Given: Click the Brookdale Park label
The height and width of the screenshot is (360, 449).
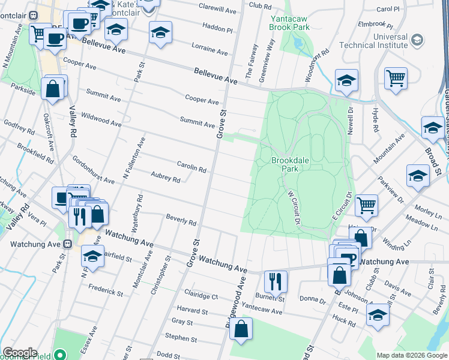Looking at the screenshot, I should pyautogui.click(x=289, y=164).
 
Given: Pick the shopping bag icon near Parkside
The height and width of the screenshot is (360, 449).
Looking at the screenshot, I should pyautogui.click(x=53, y=89).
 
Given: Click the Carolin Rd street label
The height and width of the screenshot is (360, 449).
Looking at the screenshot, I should pyautogui.click(x=191, y=166).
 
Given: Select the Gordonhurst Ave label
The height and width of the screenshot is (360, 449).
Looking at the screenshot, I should pyautogui.click(x=93, y=171).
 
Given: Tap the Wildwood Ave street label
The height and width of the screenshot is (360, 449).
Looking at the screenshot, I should pyautogui.click(x=101, y=118).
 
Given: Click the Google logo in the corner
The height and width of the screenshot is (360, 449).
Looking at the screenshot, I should pyautogui.click(x=20, y=353).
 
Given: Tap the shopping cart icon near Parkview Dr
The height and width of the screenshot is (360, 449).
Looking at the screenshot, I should pyautogui.click(x=366, y=205).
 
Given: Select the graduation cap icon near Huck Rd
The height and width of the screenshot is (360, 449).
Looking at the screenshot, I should pyautogui.click(x=378, y=314).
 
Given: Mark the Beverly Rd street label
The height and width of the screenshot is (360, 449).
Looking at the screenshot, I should pyautogui.click(x=181, y=220).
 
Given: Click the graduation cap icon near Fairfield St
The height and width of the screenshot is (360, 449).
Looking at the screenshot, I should pyautogui.click(x=92, y=255).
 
